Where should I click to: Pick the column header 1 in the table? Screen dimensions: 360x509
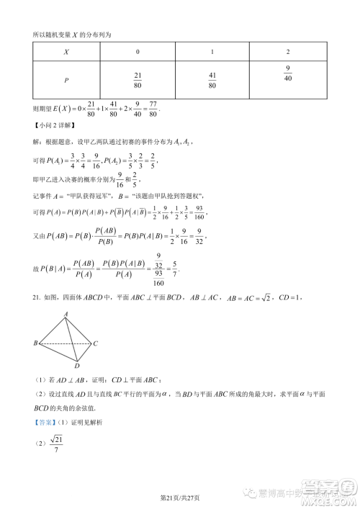212,52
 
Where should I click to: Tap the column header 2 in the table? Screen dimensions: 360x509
287,52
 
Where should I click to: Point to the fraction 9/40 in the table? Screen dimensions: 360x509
287,74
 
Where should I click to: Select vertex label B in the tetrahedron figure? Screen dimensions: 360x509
35,323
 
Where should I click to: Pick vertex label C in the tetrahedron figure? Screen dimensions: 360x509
95,323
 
